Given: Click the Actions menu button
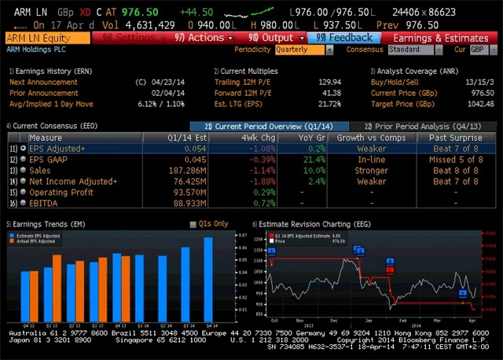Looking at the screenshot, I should (202, 38).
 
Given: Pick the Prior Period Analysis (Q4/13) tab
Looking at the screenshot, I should (422, 126).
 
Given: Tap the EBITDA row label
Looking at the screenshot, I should (44, 203).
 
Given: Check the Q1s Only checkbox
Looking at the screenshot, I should (193, 224).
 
